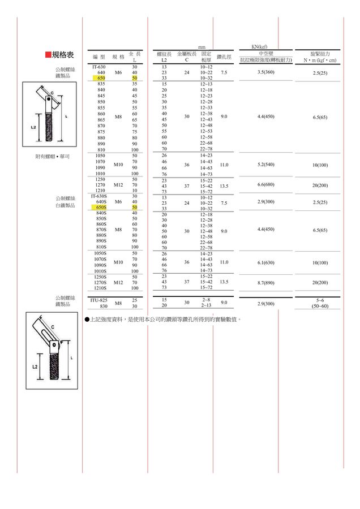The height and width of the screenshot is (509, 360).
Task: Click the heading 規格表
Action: coord(63,55)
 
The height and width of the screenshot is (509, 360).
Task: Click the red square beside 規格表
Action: coord(48,55)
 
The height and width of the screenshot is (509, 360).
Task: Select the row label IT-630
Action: coord(99,67)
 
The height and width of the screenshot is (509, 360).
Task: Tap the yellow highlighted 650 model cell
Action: coord(101,78)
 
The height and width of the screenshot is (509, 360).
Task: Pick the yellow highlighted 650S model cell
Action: coord(101,208)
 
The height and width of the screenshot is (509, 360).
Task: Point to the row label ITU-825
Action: coord(99,300)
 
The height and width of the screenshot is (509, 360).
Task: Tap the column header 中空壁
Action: coord(265,53)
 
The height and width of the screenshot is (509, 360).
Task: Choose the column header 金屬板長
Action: coord(187,54)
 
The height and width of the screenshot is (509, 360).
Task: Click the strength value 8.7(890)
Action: coord(265,282)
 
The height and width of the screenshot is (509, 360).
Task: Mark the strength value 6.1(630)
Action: coord(265,262)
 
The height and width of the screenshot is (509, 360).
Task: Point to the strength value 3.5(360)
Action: coord(265,72)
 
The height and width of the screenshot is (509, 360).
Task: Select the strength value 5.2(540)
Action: coord(265,165)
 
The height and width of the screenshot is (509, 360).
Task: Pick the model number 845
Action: coord(101,96)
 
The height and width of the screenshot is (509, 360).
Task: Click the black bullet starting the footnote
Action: coord(87,320)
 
